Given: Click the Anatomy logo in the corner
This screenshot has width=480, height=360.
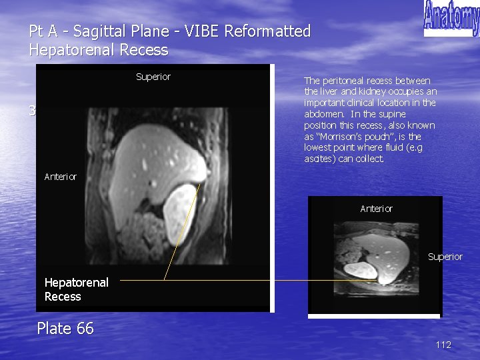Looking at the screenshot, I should [451, 18].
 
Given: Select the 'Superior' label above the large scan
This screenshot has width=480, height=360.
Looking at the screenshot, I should [153, 77].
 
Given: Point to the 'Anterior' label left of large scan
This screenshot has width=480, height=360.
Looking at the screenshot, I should [61, 177].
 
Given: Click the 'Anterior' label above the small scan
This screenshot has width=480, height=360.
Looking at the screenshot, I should [377, 209].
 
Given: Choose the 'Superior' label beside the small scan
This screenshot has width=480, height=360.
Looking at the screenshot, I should [445, 257].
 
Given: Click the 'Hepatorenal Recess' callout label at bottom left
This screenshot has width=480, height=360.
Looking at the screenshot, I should [76, 289].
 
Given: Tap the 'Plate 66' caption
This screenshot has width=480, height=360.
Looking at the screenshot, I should [65, 328].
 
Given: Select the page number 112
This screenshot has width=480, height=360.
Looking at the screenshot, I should [443, 345].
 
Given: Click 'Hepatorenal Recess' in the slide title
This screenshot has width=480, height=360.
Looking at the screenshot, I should [99, 50].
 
